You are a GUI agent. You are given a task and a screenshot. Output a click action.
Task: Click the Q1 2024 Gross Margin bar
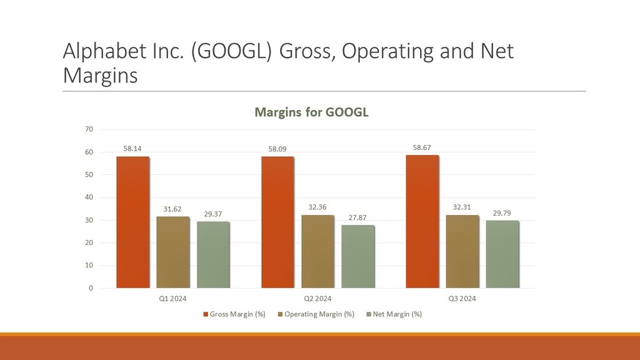132,222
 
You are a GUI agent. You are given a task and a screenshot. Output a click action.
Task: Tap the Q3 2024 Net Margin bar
502,254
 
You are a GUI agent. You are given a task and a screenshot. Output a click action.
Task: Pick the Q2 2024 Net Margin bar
357,256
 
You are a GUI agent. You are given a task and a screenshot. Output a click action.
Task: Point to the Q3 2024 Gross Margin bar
422,221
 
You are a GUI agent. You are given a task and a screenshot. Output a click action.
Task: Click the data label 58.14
132,149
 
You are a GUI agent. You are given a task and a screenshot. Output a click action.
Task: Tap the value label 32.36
317,207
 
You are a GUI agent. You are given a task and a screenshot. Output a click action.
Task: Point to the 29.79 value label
502,213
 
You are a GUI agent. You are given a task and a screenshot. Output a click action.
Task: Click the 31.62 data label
172,209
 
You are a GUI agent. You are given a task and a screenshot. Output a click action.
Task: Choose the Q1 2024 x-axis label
173,299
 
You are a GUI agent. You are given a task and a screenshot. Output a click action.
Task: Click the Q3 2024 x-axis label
462,299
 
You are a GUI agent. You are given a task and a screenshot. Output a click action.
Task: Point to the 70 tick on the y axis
89,129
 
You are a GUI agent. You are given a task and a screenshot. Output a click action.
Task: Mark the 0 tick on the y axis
91,288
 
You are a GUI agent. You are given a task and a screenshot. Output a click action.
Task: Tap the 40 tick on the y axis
89,197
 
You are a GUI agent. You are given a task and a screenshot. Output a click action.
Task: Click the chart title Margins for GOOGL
311,112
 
